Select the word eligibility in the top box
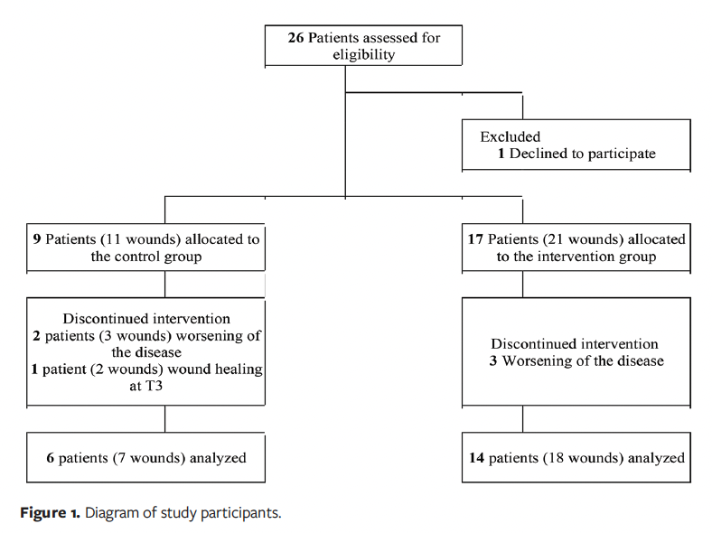tap(363, 54)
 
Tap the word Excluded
tap(510, 137)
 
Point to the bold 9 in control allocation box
tap(36, 239)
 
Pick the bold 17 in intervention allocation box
tap(476, 239)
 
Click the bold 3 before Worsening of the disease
tap(495, 360)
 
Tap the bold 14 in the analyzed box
tap(476, 458)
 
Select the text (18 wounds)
tap(585, 458)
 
